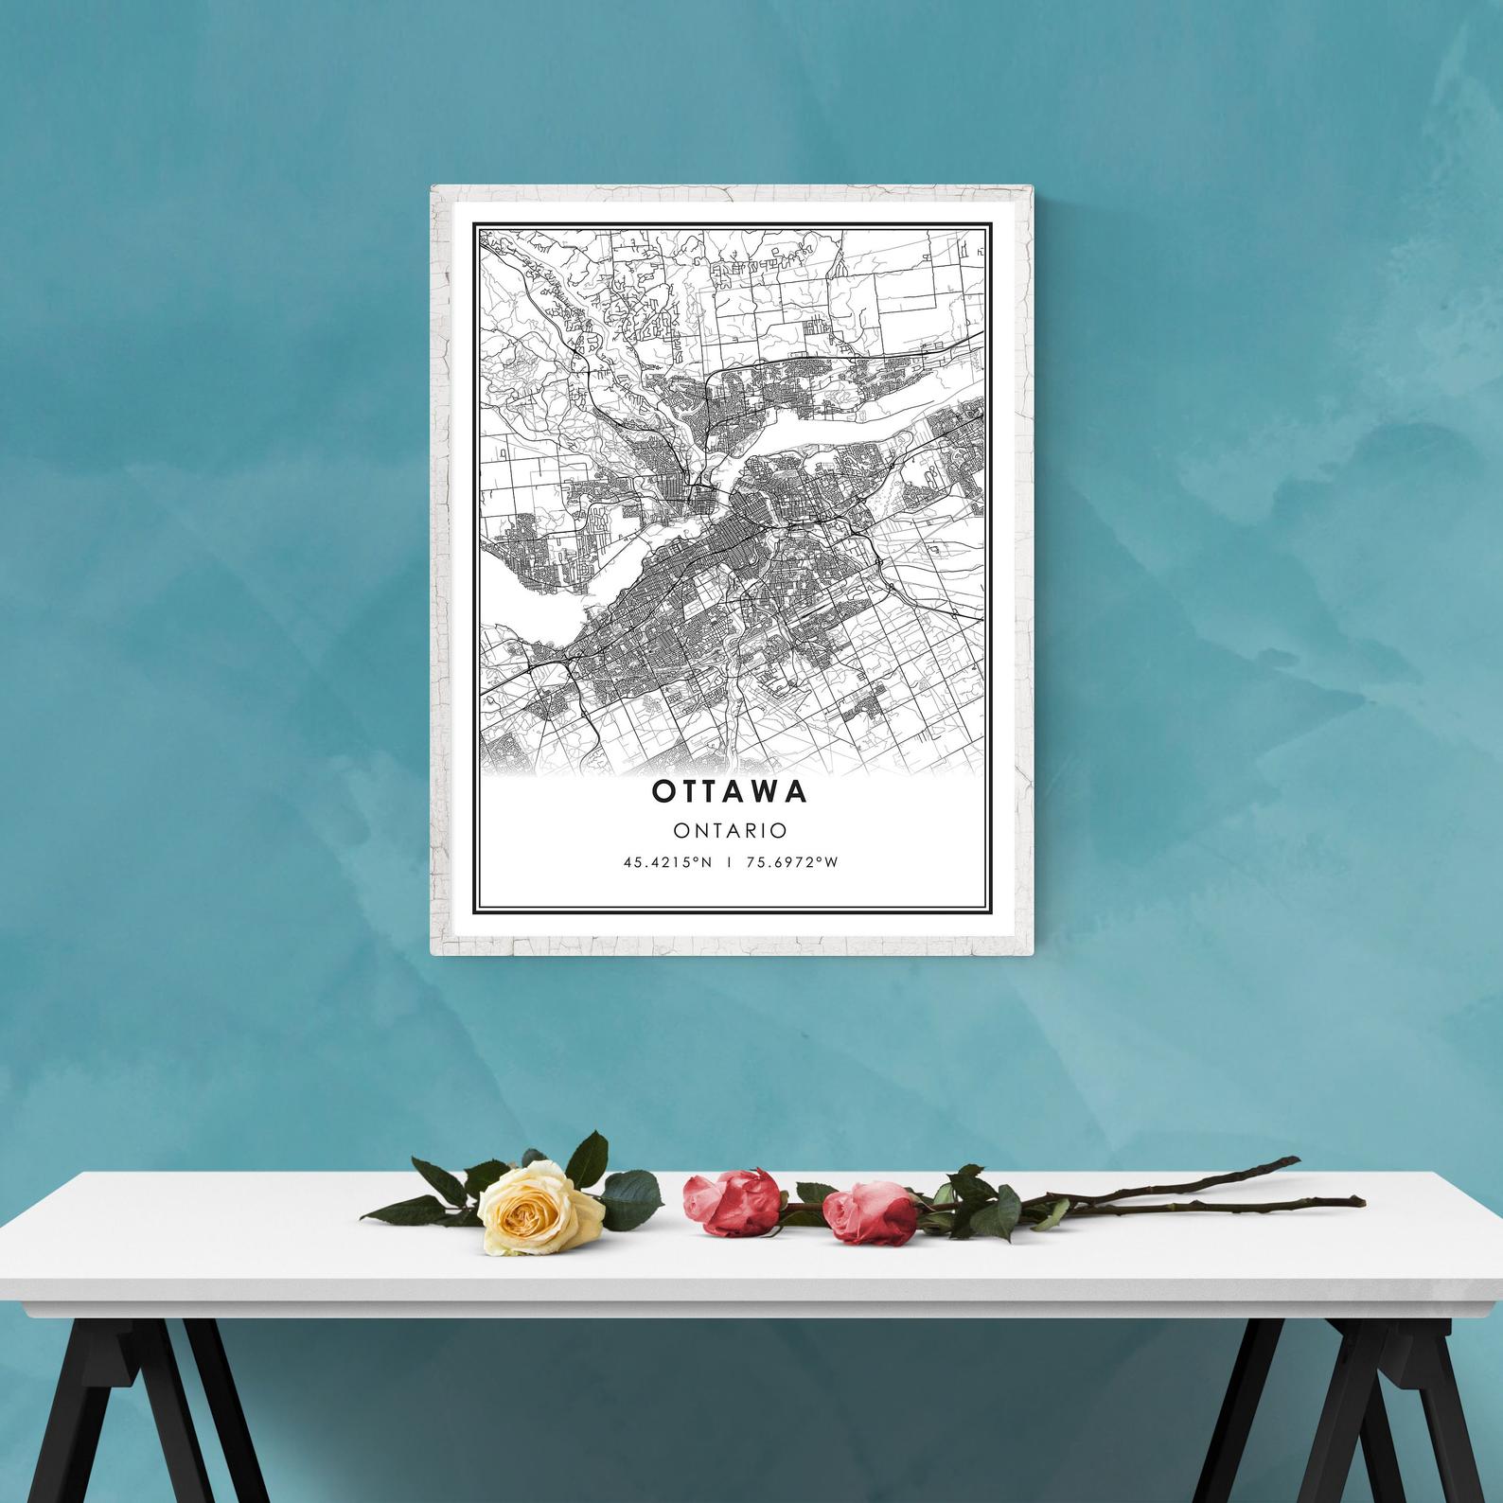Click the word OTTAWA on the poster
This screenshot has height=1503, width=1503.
click(x=730, y=791)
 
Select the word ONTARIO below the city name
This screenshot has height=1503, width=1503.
click(x=730, y=830)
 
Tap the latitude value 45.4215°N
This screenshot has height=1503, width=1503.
click(x=666, y=862)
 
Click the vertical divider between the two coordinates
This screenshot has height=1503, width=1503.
click(x=729, y=862)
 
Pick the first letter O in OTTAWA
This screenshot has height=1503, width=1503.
click(x=663, y=791)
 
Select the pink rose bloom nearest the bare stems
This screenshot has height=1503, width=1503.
click(x=868, y=1211)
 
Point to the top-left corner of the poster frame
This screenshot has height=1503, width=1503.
click(x=433, y=187)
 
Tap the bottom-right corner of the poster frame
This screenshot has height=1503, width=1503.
click(x=1028, y=951)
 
